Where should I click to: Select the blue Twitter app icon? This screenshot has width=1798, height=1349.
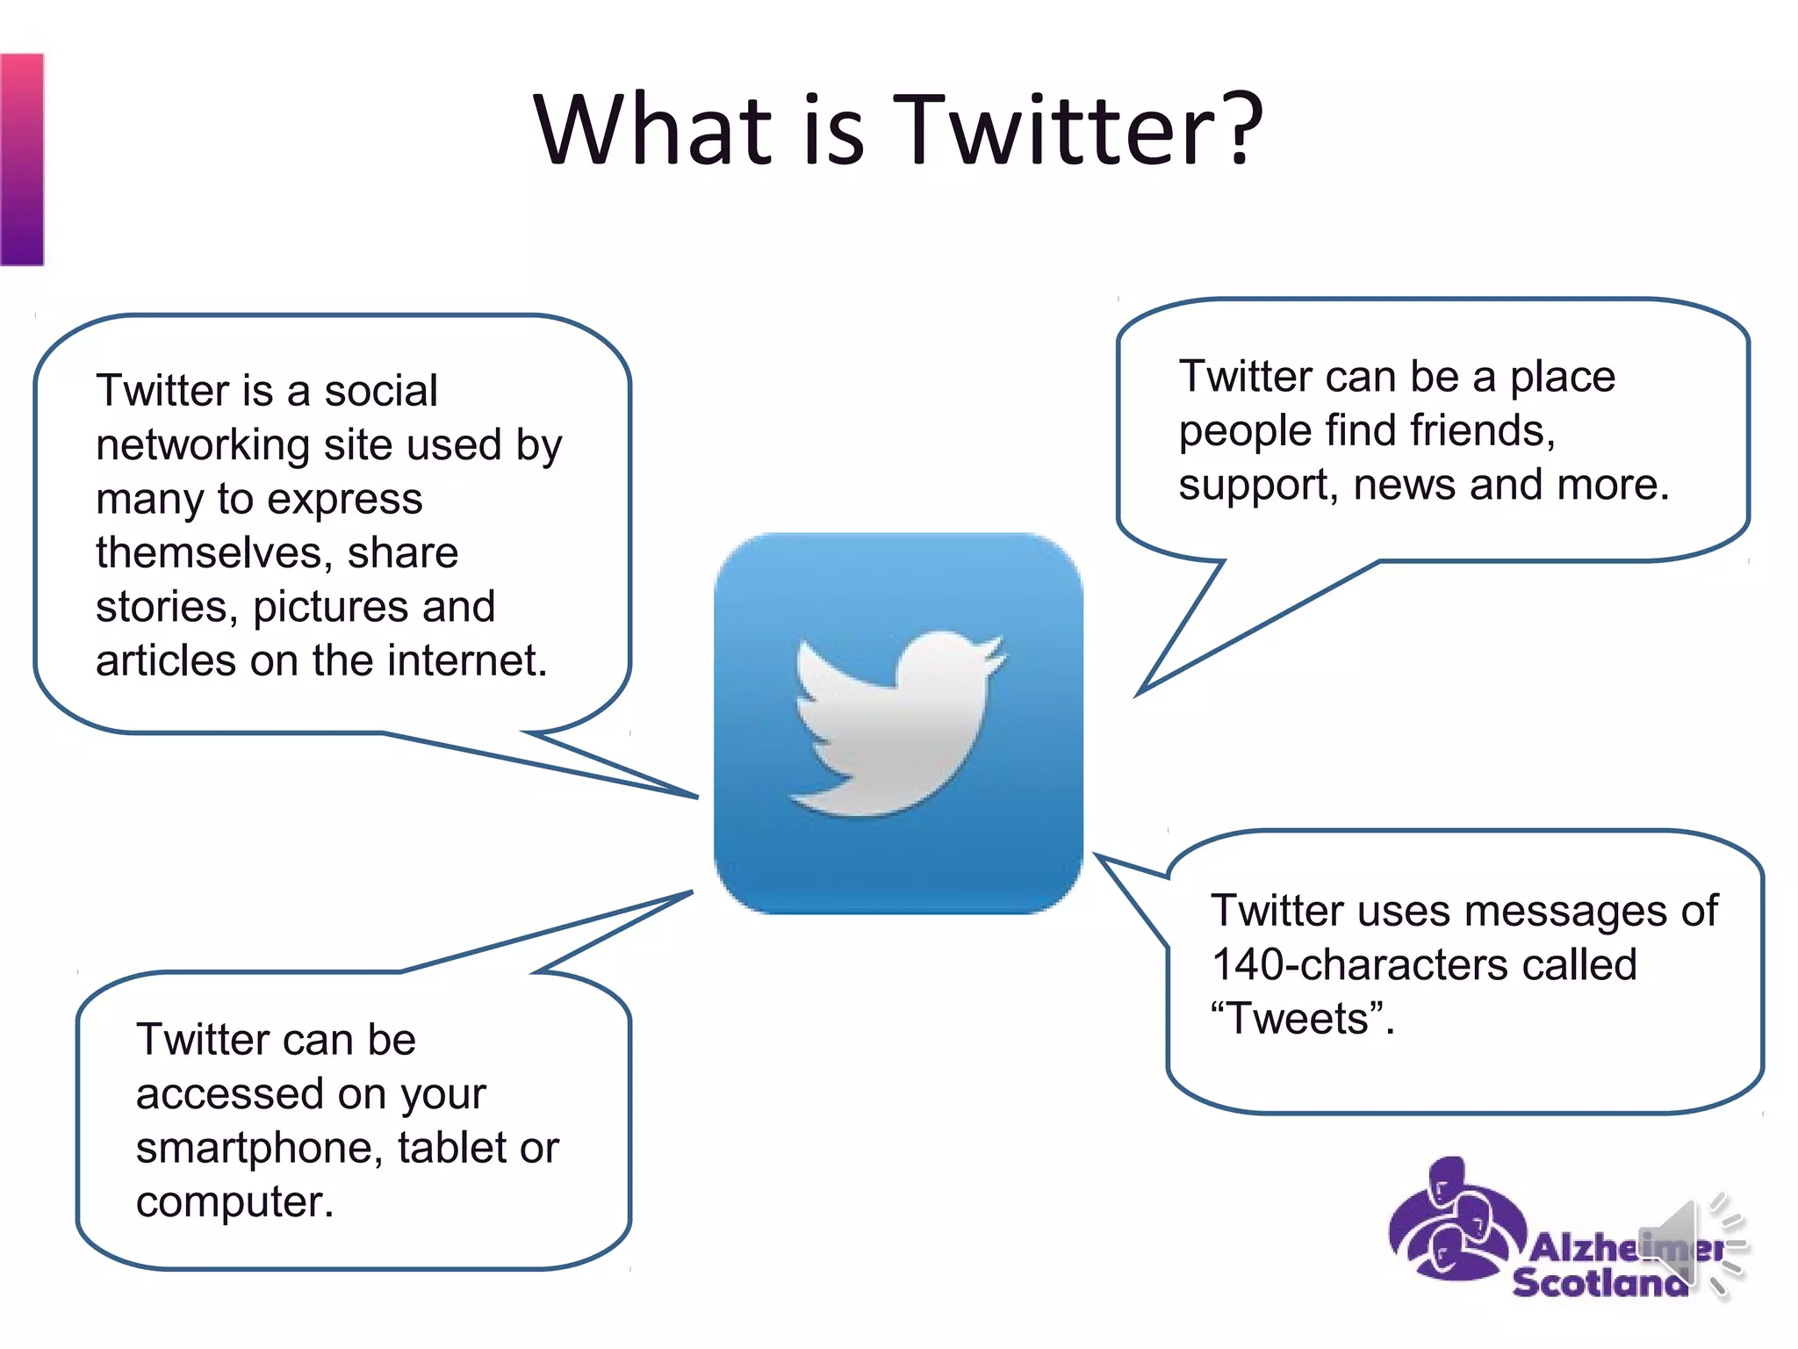tap(897, 723)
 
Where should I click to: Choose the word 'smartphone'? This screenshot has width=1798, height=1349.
tap(260, 1149)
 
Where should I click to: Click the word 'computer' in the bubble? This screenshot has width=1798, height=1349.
tap(231, 1202)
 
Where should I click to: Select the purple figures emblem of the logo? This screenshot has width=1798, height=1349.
tap(1453, 1221)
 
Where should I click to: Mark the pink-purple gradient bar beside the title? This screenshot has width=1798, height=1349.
tap(22, 159)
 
